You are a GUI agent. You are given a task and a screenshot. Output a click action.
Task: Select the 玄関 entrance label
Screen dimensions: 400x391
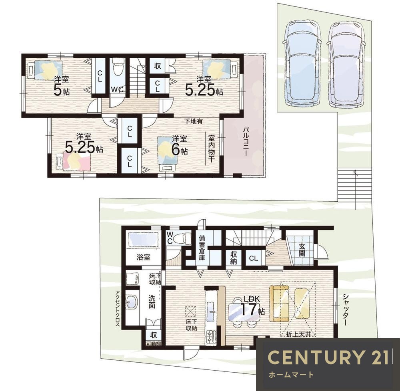[302, 250]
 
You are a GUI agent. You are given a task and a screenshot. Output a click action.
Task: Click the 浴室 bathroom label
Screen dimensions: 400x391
[143, 257]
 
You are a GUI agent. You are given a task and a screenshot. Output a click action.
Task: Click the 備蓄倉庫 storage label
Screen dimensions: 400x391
[202, 247]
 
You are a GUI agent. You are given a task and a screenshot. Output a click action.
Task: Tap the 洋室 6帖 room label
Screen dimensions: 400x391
[180, 145]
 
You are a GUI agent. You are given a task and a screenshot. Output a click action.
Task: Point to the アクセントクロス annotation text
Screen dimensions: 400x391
[117, 308]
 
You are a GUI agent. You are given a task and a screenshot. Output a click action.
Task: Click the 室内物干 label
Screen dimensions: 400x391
[212, 148]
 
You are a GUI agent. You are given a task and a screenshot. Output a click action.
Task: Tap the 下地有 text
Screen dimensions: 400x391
[193, 121]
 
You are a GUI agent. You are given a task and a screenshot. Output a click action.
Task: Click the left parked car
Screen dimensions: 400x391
[303, 63]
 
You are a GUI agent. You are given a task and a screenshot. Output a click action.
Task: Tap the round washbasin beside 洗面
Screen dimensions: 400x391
[132, 302]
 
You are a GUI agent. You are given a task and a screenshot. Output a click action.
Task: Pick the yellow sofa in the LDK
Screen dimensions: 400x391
[279, 304]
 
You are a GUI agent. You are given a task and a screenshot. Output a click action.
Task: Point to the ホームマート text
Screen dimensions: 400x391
[291, 375]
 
